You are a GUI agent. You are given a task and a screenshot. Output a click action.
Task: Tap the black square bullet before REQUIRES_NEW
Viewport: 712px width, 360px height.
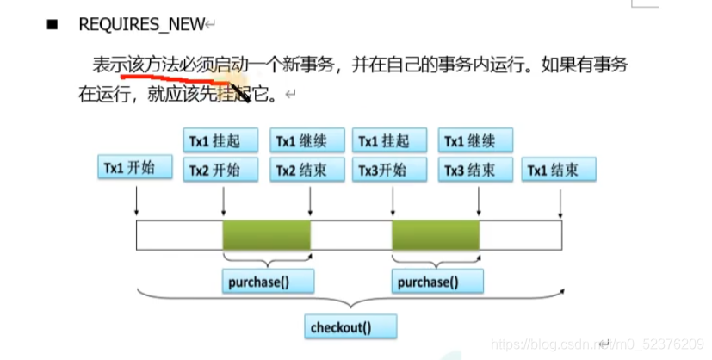click(x=53, y=25)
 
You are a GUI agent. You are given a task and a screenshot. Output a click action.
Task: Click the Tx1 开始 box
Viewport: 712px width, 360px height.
click(x=135, y=168)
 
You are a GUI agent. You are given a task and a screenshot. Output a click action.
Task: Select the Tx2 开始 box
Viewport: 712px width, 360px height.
click(x=221, y=170)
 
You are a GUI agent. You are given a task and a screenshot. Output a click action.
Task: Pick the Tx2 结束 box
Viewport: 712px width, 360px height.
click(x=308, y=170)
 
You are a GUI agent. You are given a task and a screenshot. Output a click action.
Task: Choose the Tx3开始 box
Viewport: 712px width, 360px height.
click(x=391, y=170)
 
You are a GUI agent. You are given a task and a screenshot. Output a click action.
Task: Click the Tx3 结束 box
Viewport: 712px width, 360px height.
click(x=476, y=170)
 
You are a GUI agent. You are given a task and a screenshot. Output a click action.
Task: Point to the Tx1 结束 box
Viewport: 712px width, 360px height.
click(x=560, y=170)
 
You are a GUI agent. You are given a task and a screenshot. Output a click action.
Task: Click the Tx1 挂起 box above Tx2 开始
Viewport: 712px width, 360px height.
click(x=221, y=140)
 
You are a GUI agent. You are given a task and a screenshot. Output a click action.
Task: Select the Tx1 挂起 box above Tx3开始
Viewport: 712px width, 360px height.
click(x=391, y=140)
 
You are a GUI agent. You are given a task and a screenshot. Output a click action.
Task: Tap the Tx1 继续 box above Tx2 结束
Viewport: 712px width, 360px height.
click(x=308, y=140)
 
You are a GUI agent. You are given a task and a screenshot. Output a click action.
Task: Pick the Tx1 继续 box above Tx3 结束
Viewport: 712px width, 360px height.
click(x=476, y=140)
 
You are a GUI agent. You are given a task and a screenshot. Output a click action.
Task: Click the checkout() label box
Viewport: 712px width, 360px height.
click(x=351, y=327)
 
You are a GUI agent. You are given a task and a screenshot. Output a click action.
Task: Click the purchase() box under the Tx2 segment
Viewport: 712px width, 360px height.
click(x=267, y=282)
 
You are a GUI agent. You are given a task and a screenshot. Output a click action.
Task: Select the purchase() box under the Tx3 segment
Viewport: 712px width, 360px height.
click(x=436, y=282)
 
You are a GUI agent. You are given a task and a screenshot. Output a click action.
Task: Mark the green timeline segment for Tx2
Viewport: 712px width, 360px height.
click(x=266, y=234)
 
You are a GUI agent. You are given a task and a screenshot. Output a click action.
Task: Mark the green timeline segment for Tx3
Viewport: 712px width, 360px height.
click(x=436, y=234)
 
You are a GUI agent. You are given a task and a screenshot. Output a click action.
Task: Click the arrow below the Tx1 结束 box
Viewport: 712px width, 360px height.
click(x=560, y=202)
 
